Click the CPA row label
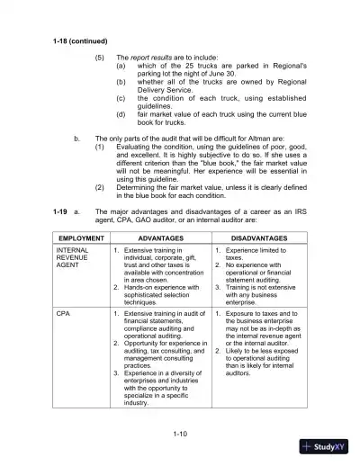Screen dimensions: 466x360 point(63,314)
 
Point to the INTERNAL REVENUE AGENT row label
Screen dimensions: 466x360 point(73,257)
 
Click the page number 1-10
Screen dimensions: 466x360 point(179,435)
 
